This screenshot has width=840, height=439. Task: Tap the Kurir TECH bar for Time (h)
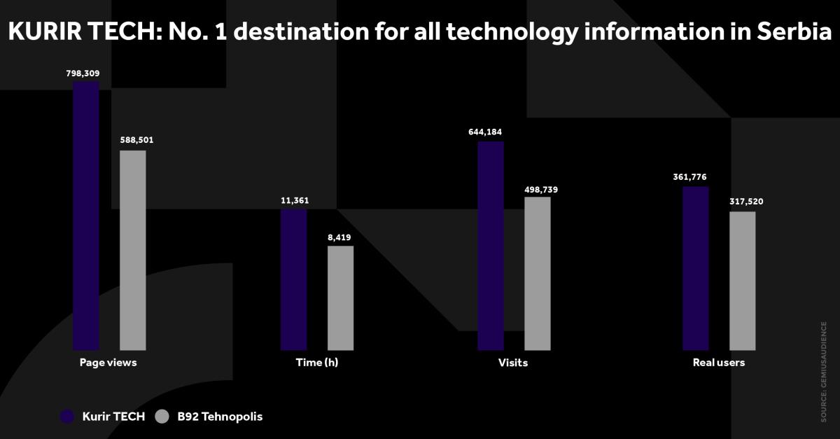coord(293,279)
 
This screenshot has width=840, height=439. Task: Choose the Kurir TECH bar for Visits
coord(491,246)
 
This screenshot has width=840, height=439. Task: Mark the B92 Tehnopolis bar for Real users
coord(742,281)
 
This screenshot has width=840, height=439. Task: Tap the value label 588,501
coord(136,140)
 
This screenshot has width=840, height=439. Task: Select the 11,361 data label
coord(295,201)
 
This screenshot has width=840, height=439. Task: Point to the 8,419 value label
coord(339,237)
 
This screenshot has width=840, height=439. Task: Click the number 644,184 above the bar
coord(490,132)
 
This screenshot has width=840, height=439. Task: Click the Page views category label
coord(108,363)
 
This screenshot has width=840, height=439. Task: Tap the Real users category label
coord(719,363)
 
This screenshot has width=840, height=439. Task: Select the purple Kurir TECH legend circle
coord(67,417)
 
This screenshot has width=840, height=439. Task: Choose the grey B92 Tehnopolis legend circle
coord(162,417)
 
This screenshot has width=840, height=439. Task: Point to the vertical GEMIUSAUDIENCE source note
coord(824,372)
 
